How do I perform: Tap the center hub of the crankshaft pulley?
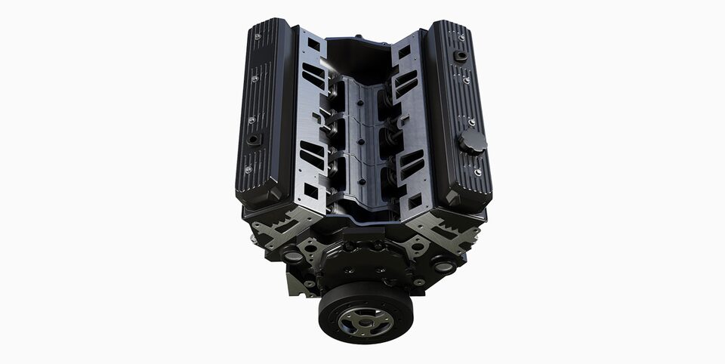coord(366,322)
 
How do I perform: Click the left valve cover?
coord(264,113)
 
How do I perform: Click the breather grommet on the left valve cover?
coord(255,139)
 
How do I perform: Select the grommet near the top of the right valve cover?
coord(460,55)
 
